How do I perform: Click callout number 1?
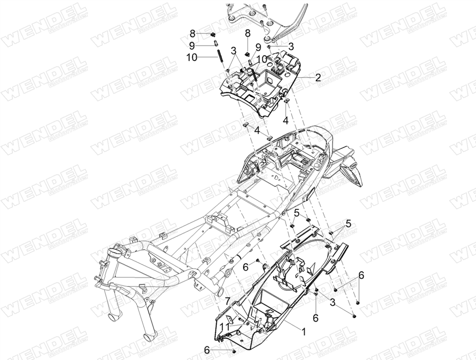pos(303,331)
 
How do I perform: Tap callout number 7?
pos(228,301)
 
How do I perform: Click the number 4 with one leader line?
pos(286,120)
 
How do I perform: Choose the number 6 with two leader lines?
pos(361,275)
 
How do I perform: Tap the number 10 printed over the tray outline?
pos(262,58)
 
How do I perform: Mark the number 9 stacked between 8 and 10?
pos(192,45)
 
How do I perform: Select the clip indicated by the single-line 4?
pos(286,100)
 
